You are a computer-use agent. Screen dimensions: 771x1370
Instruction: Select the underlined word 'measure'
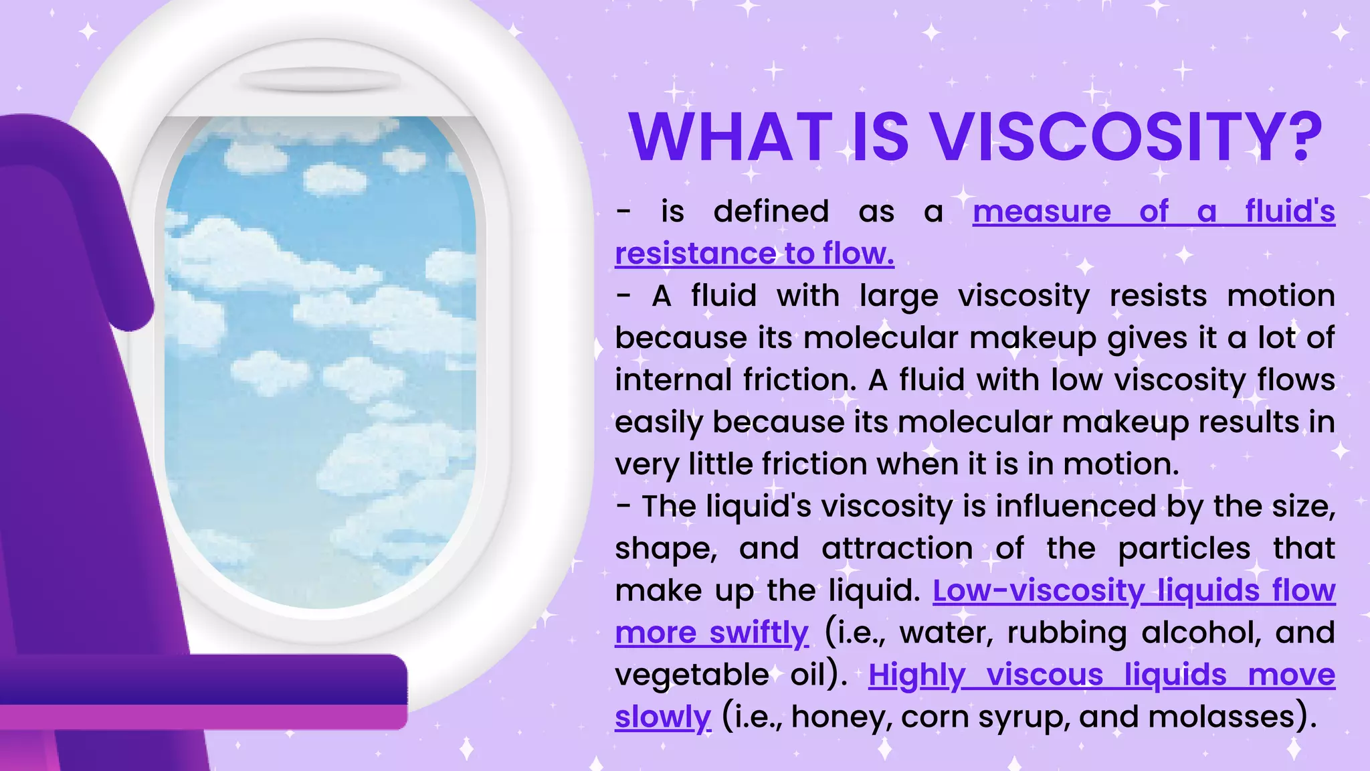point(1042,211)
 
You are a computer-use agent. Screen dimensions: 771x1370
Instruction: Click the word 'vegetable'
point(692,675)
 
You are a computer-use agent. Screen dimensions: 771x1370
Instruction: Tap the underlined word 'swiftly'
point(759,633)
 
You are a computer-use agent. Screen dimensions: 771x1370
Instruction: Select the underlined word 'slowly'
point(662,717)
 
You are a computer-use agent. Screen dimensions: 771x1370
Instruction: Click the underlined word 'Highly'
point(916,675)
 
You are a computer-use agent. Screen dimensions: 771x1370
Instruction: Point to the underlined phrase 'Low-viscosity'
point(1038,591)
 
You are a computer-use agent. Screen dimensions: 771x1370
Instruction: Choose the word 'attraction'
point(897,549)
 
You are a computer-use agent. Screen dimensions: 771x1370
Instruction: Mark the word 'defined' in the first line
point(771,211)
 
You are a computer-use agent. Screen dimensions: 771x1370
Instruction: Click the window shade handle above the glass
point(320,80)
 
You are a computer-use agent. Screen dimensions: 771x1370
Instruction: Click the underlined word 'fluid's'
point(1290,211)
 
